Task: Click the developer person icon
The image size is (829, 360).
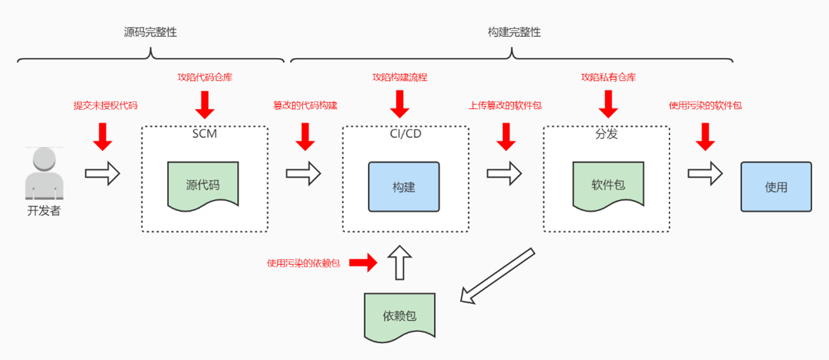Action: (x=44, y=174)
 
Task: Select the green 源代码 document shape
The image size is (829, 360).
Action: (x=203, y=186)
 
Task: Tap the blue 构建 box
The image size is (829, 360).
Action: (x=404, y=187)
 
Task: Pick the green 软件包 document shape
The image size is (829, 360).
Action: (x=608, y=186)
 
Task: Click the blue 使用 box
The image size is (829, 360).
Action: (x=776, y=187)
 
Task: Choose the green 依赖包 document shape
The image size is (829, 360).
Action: (x=399, y=316)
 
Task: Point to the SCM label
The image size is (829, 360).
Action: (x=204, y=134)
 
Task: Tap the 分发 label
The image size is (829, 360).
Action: (x=606, y=134)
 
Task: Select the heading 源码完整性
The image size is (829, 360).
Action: (x=150, y=32)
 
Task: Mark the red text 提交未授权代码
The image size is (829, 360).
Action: (x=105, y=105)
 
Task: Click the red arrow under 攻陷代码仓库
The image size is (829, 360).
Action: (x=205, y=104)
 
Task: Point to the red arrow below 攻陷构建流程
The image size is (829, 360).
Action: (x=400, y=104)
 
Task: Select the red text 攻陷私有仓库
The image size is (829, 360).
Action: (x=608, y=78)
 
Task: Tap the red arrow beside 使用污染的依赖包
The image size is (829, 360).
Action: (x=363, y=263)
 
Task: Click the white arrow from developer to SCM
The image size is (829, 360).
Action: (x=103, y=174)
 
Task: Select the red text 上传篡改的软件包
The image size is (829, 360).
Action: (x=505, y=105)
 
